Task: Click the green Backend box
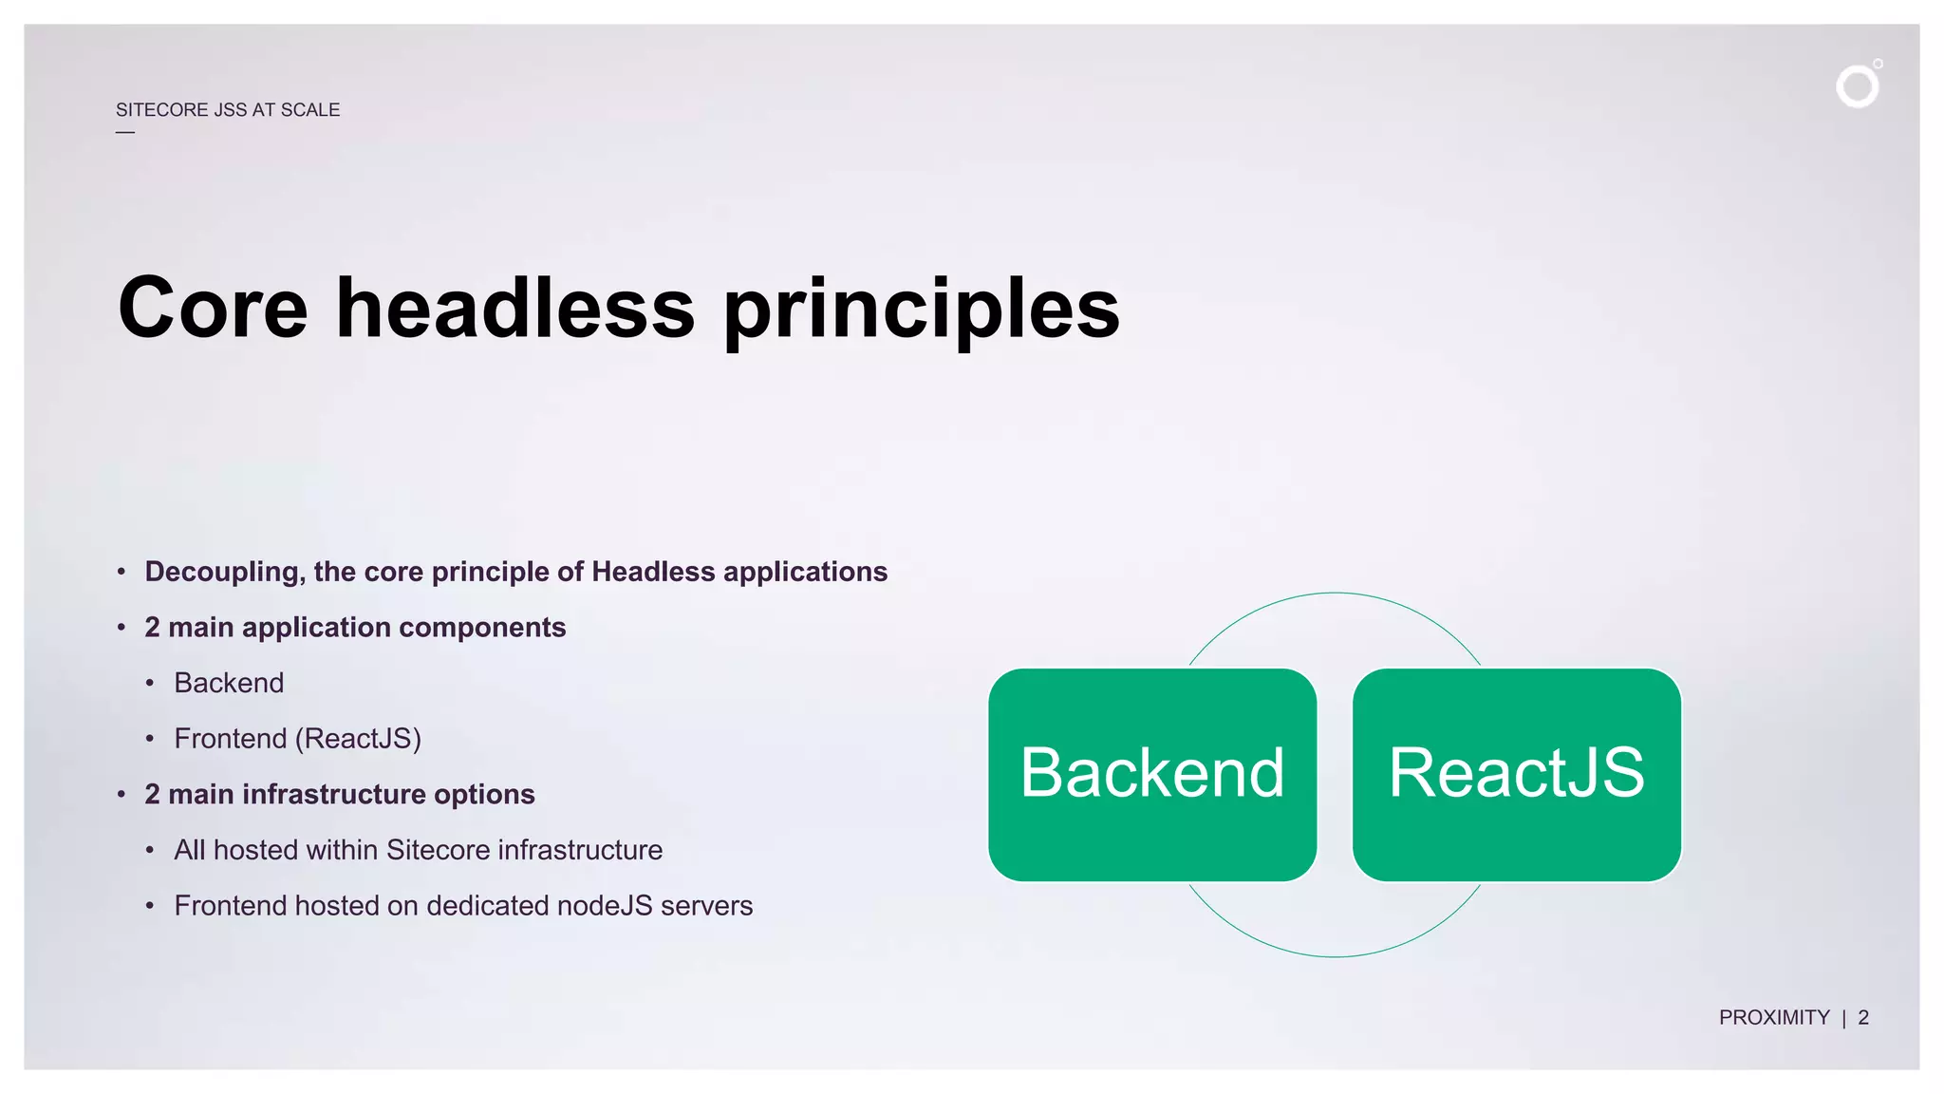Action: pyautogui.click(x=1151, y=774)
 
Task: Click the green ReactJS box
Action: pyautogui.click(x=1516, y=774)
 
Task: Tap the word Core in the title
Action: pyautogui.click(x=213, y=308)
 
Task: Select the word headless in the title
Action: pyautogui.click(x=515, y=308)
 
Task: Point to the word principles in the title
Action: pyautogui.click(x=921, y=310)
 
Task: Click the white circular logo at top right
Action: pyautogui.click(x=1858, y=86)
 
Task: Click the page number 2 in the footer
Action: pyautogui.click(x=1863, y=1018)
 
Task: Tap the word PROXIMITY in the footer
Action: pyautogui.click(x=1773, y=1018)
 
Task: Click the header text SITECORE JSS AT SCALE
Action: pyautogui.click(x=228, y=110)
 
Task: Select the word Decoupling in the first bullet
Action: pyautogui.click(x=224, y=572)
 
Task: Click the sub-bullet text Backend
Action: pyautogui.click(x=229, y=683)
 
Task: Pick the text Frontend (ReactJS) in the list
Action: pyautogui.click(x=297, y=739)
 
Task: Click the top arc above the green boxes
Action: pyautogui.click(x=1335, y=594)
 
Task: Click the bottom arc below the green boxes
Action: pyautogui.click(x=1335, y=956)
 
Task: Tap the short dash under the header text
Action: pyautogui.click(x=125, y=132)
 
